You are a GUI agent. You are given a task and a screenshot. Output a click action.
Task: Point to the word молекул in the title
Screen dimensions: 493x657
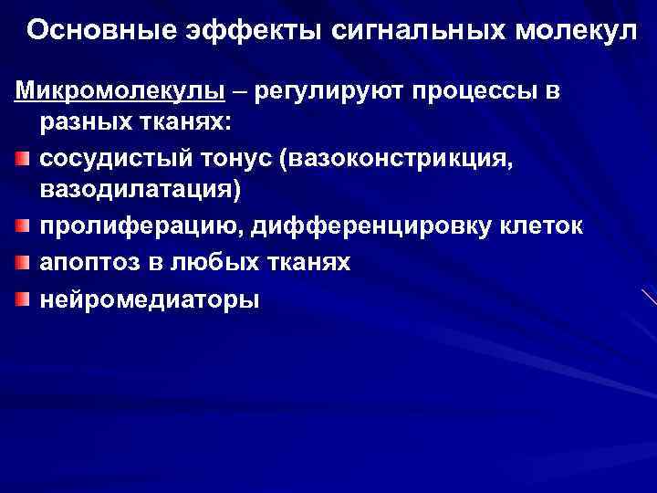[x=568, y=29]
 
